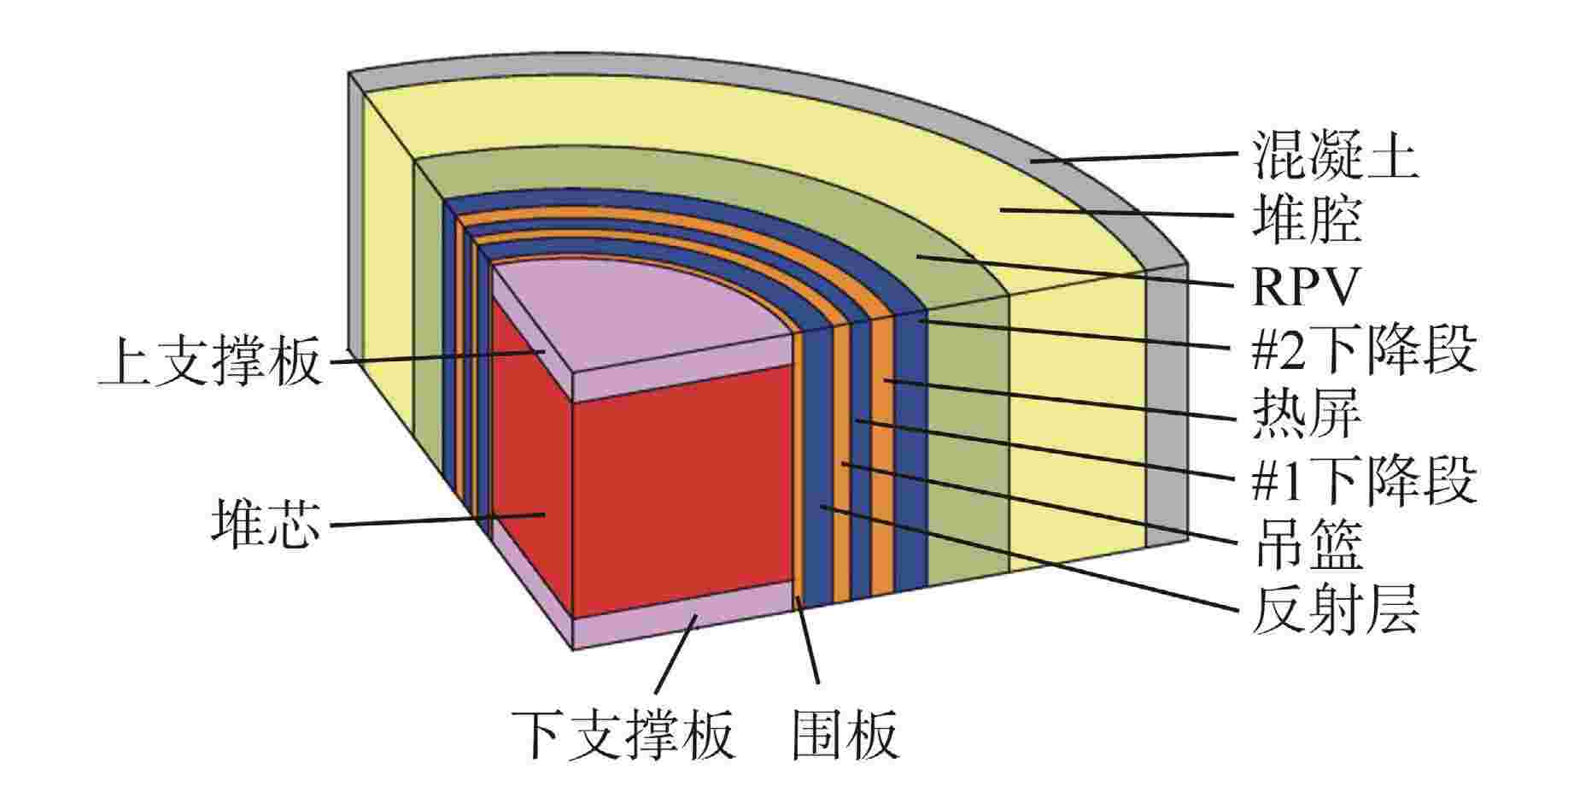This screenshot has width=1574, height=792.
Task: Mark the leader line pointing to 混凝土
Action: pyautogui.click(x=1133, y=157)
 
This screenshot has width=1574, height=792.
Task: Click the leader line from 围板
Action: pyautogui.click(x=808, y=641)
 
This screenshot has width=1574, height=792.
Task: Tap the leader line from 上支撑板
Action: pyautogui.click(x=436, y=356)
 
